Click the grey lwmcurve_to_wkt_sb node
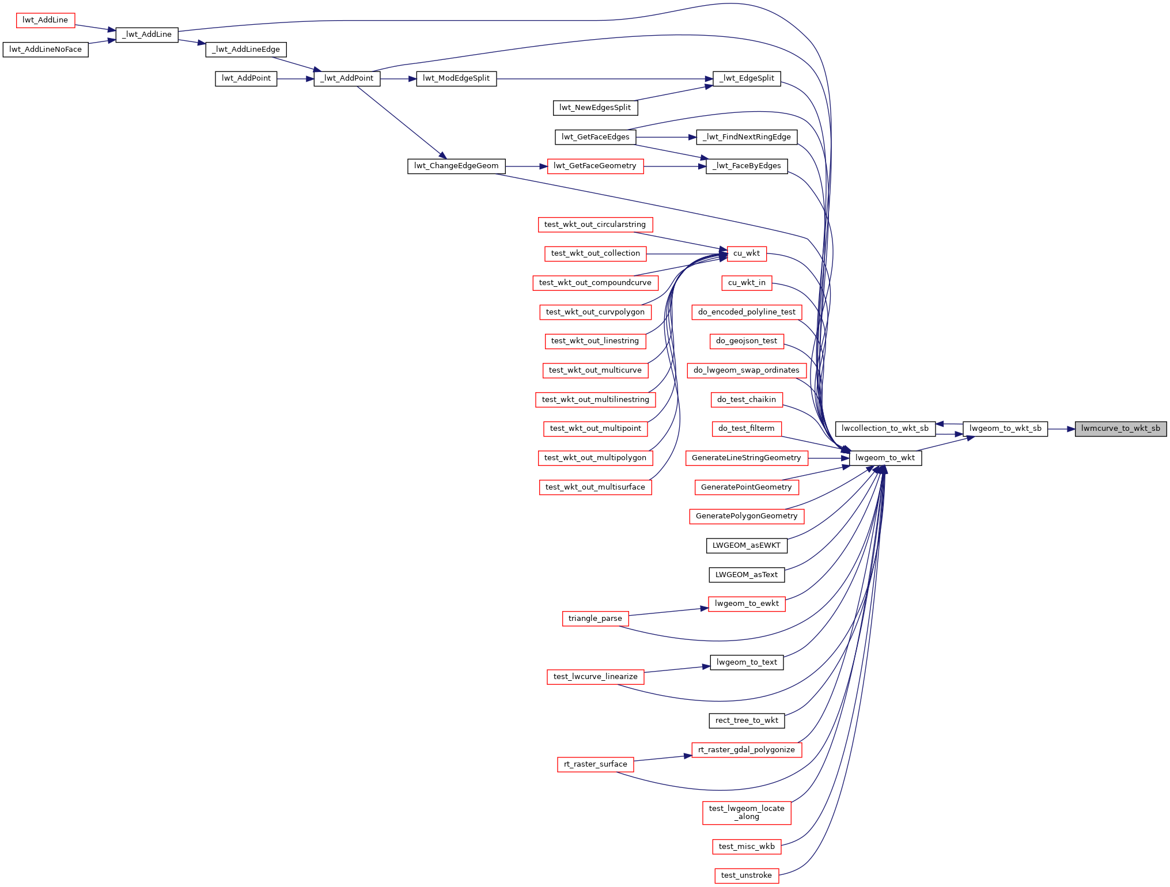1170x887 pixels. click(1120, 429)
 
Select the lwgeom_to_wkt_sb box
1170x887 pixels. click(1005, 429)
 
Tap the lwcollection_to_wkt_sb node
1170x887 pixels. click(885, 429)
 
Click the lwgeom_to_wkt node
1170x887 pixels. click(885, 458)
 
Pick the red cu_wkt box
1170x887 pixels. click(747, 253)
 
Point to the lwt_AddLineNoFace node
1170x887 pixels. click(46, 50)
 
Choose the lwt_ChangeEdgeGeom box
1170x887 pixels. click(456, 166)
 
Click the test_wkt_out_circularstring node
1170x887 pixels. click(595, 225)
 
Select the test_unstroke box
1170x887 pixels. click(747, 875)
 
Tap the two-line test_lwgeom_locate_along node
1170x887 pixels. click(747, 813)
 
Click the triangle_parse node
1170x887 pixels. click(595, 619)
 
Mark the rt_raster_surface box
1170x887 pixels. click(595, 764)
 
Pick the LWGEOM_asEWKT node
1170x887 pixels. click(747, 545)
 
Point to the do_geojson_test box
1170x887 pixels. click(747, 341)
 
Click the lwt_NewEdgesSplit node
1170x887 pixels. click(595, 108)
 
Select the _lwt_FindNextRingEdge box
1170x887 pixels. click(747, 137)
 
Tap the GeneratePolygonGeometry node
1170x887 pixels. click(747, 516)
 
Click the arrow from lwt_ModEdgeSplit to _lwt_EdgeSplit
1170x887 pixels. click(605, 79)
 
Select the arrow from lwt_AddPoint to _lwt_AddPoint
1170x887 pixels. click(296, 79)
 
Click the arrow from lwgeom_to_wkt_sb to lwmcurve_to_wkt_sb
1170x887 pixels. click(1061, 429)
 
